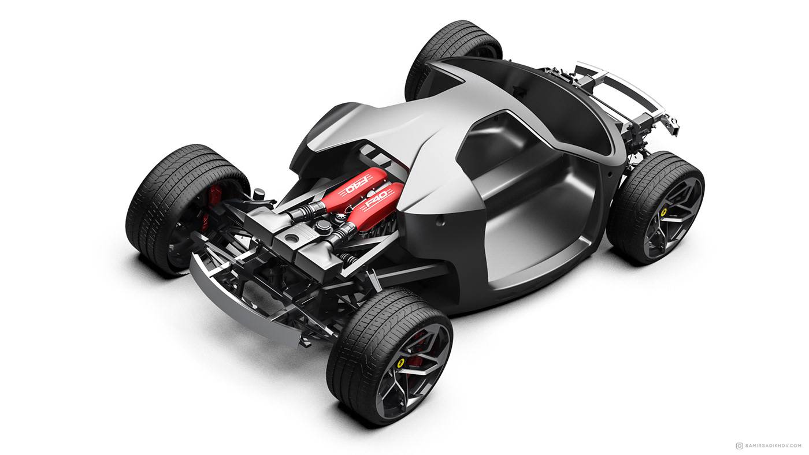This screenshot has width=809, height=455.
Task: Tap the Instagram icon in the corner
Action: (x=739, y=445)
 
